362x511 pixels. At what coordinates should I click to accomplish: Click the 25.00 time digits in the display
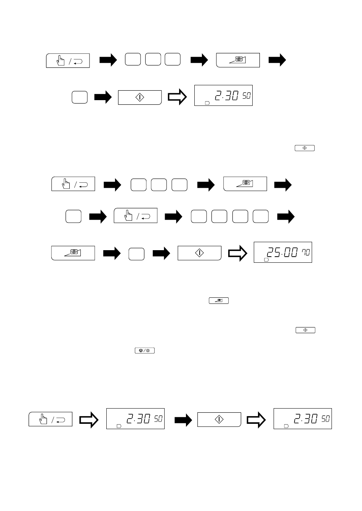[282, 252]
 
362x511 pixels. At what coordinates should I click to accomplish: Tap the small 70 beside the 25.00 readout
[306, 252]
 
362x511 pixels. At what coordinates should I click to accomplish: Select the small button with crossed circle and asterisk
[145, 350]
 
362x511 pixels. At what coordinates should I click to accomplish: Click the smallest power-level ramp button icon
[219, 301]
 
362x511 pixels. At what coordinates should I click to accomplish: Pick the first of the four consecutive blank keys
[199, 216]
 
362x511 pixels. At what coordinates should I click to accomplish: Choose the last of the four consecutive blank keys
[261, 216]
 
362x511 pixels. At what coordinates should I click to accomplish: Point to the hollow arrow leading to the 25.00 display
[238, 253]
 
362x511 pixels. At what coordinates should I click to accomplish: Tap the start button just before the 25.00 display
[200, 253]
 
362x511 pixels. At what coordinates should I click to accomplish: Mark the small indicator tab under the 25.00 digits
[266, 260]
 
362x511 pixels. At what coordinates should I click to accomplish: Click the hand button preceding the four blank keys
[136, 216]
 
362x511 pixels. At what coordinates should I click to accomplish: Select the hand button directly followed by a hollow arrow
[50, 419]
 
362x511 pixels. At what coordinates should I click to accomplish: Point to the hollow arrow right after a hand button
[89, 420]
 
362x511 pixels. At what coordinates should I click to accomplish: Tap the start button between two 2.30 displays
[219, 420]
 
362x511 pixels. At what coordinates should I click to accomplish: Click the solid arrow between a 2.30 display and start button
[183, 420]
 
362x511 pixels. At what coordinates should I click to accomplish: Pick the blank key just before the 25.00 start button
[136, 254]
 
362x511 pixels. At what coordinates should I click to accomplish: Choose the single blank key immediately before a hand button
[74, 216]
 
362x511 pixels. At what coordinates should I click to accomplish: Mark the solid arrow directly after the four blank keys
[286, 217]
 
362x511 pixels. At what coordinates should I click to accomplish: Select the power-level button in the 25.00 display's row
[73, 253]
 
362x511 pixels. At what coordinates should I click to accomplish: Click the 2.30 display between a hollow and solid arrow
[135, 418]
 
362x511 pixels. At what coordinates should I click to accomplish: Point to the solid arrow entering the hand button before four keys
[98, 217]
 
